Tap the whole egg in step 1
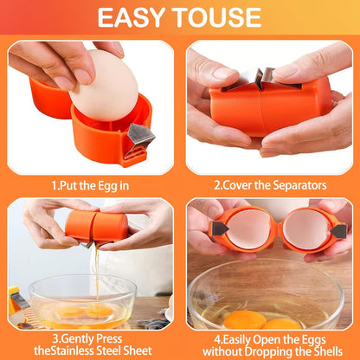[105, 86]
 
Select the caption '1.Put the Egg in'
[90, 186]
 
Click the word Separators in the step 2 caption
[299, 185]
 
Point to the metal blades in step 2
[260, 79]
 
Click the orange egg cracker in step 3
[97, 227]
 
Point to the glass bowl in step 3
[82, 302]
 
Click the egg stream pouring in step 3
[97, 274]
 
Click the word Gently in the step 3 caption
[78, 338]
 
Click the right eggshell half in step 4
[305, 230]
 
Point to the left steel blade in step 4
[220, 228]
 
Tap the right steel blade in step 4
[338, 231]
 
